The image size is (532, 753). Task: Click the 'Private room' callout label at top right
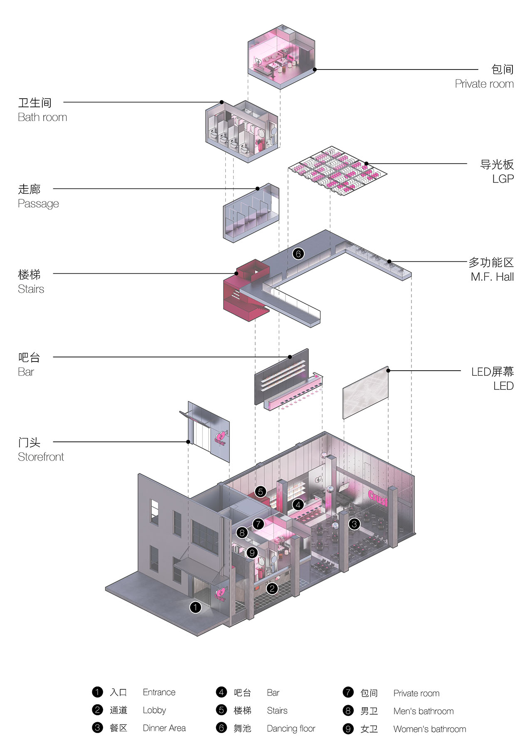pos(484,84)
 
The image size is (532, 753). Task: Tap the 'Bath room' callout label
pos(42,117)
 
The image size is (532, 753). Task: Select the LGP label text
pos(503,179)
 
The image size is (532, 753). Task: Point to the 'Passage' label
pos(38,204)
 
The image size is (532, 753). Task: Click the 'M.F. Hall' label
pos(493,277)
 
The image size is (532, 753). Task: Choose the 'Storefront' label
pos(41,457)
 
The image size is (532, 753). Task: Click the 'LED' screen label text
pos(504,386)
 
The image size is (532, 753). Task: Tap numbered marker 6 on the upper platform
pos(298,253)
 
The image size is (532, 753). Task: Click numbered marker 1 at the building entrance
pos(195,607)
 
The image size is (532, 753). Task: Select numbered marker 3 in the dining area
pos(354,524)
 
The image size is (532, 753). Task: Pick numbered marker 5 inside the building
pos(260,492)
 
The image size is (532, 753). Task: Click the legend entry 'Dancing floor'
pos(291,728)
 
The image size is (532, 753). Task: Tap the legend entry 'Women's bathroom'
pos(430,729)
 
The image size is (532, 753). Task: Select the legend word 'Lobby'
pos(154,710)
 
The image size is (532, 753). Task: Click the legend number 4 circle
pos(221,692)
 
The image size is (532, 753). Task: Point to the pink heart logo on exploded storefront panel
pos(220,438)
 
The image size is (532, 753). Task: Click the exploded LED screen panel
pos(365,392)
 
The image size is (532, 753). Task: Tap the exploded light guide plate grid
pos(337,171)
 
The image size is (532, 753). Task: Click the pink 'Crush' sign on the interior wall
pos(378,498)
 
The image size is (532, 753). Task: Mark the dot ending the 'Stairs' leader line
pos(236,273)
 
